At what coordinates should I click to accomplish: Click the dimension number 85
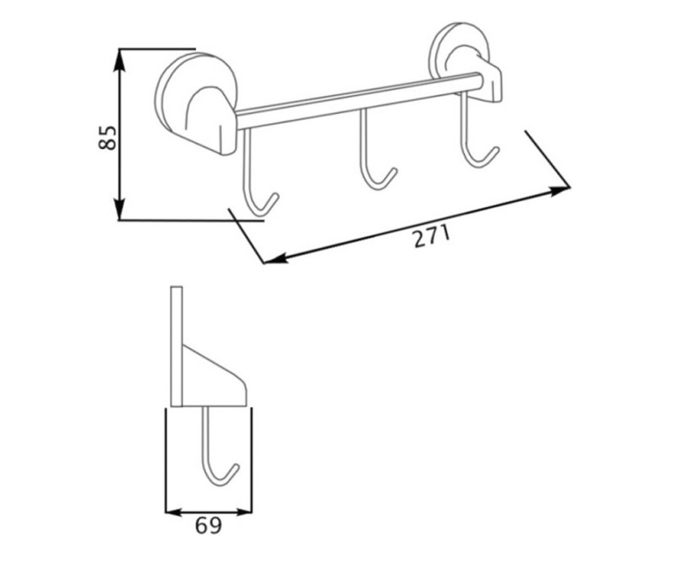tap(107, 138)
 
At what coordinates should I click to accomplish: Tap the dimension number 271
tap(432, 237)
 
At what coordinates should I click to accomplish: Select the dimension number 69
tap(208, 525)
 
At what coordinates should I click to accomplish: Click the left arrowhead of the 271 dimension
tap(276, 259)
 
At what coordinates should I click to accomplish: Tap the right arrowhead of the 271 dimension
tap(559, 191)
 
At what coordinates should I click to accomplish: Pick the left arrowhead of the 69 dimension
tap(173, 511)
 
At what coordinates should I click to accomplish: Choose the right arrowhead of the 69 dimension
tap(244, 511)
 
